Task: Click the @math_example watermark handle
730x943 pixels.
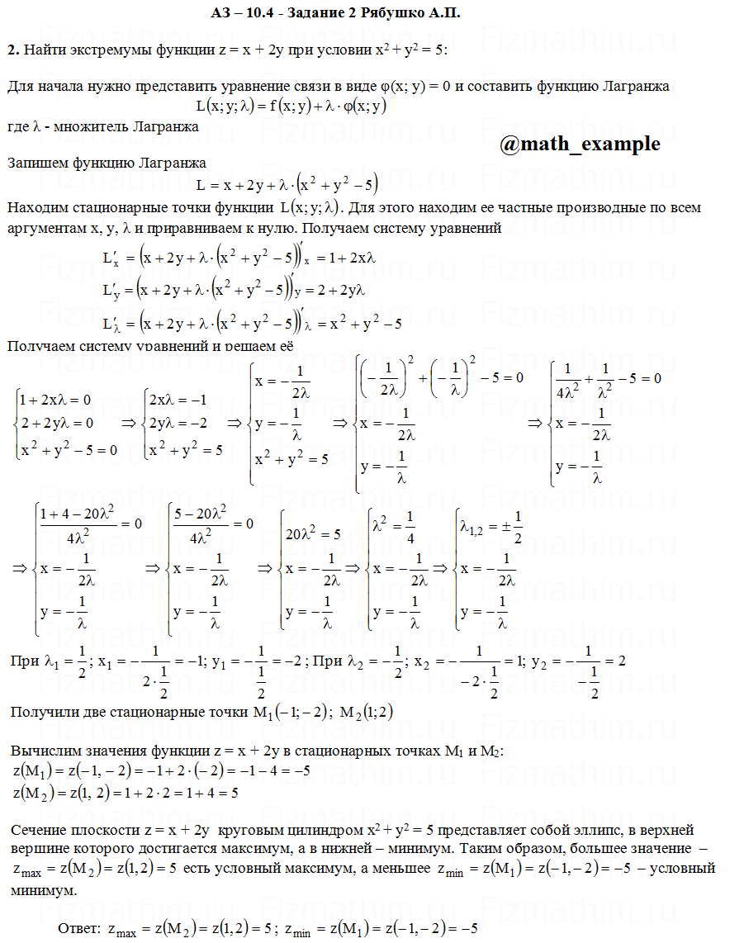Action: tap(580, 144)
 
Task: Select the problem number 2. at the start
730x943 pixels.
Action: tap(12, 50)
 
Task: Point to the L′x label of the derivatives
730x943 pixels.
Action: tap(111, 258)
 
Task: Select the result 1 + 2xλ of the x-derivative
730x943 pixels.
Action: tap(352, 258)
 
